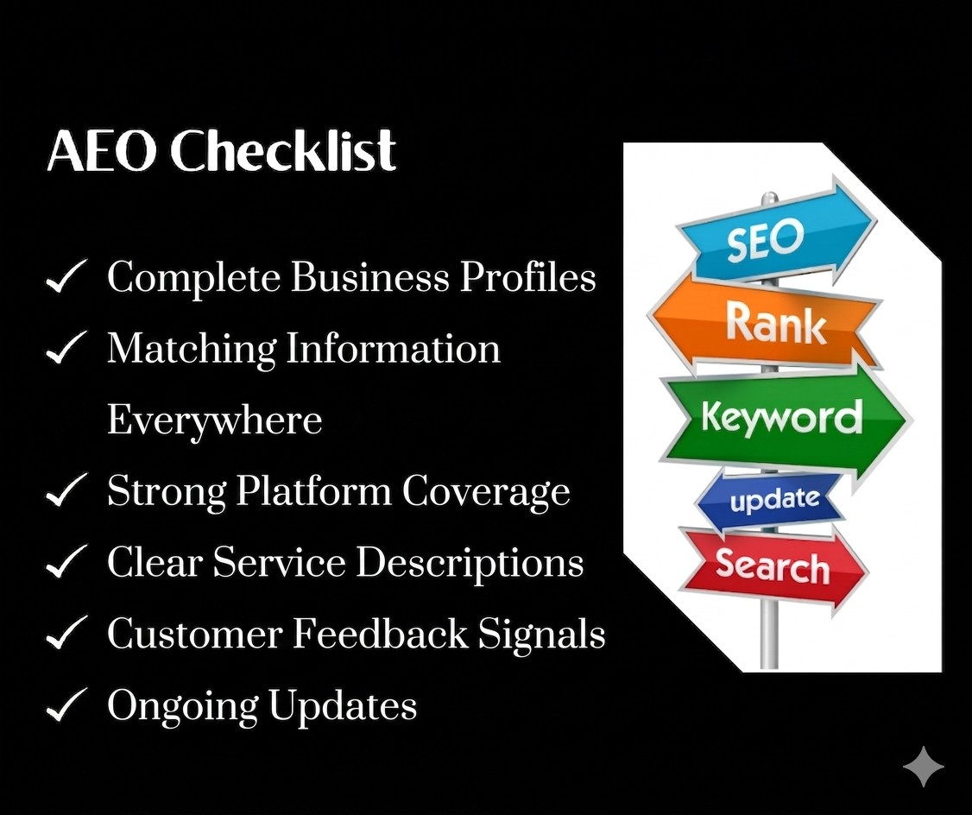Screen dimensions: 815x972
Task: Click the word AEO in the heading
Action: click(102, 153)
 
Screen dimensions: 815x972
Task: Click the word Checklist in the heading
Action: click(283, 153)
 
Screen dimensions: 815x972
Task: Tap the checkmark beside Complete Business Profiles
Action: click(66, 279)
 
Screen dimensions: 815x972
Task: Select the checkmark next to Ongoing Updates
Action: click(66, 707)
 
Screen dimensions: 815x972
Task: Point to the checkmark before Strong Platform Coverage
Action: click(66, 493)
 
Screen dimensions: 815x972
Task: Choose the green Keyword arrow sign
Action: click(781, 418)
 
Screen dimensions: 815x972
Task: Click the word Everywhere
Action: click(214, 421)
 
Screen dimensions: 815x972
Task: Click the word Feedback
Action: click(380, 635)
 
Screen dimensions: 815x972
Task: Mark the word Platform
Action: click(313, 492)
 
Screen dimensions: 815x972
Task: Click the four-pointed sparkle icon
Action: click(923, 767)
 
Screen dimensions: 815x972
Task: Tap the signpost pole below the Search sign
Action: click(768, 639)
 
